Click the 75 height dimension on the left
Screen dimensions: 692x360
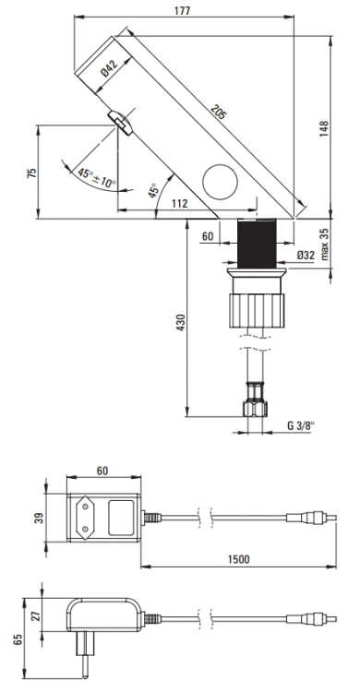click(33, 174)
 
